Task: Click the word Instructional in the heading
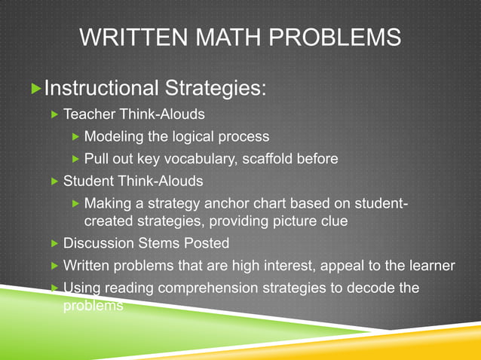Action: [101, 90]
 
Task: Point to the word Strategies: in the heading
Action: [214, 90]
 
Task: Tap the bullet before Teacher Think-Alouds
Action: [54, 115]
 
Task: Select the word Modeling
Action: [114, 137]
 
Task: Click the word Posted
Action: [210, 243]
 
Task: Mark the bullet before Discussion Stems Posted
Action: [54, 244]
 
